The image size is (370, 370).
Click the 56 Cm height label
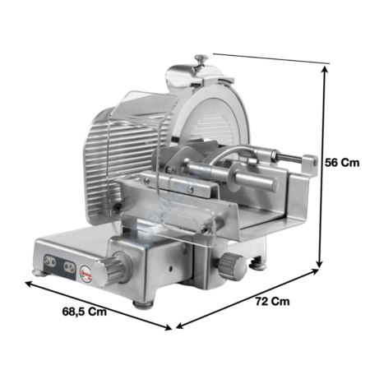342,163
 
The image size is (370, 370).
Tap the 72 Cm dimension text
272,301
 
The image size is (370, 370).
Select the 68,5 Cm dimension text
85,312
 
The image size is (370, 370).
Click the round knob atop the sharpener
201,58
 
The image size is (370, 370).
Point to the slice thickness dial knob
107,271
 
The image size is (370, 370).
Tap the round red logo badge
86,273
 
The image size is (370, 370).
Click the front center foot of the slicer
143,304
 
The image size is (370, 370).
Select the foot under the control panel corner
40,273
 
